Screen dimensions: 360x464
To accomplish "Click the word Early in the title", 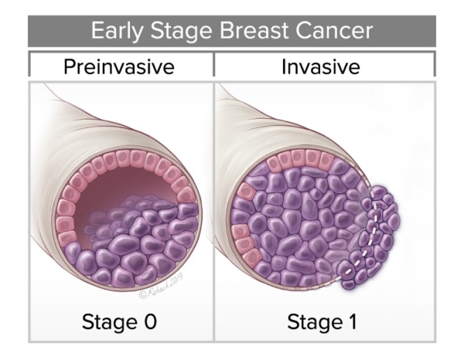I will point(115,31).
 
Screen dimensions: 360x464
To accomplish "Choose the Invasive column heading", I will point(322,66).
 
